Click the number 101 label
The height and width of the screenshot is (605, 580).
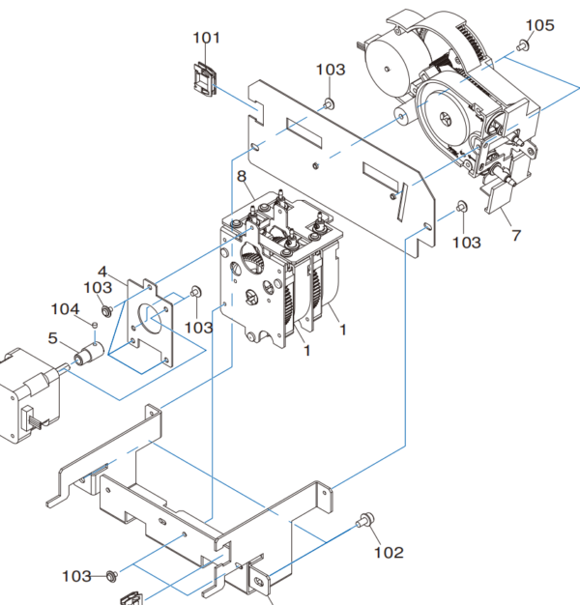[206, 39]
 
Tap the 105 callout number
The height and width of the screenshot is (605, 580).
[539, 25]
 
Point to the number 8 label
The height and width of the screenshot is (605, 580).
[241, 177]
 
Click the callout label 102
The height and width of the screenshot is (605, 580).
[389, 553]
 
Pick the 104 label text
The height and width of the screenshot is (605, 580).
[66, 309]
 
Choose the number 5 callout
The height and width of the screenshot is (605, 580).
[53, 339]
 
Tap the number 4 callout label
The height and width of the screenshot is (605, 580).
[101, 272]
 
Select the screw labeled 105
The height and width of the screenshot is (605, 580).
[523, 44]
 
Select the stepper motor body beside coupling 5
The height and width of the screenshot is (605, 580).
[21, 396]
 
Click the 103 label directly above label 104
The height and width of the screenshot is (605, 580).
[98, 288]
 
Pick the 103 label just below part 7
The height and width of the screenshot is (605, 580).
[466, 243]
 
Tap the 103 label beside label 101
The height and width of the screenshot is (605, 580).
[330, 70]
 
